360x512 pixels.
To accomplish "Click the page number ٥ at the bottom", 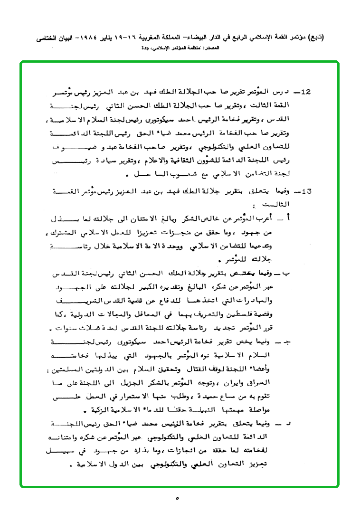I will [x=178, y=498].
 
